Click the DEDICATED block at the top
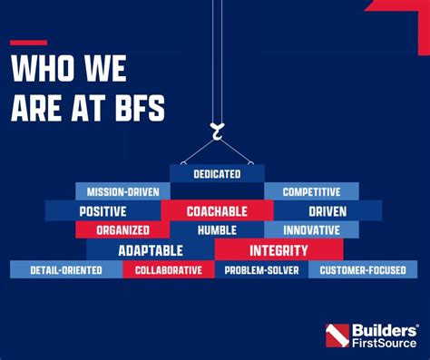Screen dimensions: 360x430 point(217,172)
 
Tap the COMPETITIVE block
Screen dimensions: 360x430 point(311,191)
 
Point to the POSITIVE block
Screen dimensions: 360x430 point(103,211)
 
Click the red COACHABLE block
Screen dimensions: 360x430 point(217,211)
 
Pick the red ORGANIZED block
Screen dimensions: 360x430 point(122,230)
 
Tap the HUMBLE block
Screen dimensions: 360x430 point(217,230)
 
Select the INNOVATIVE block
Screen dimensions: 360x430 point(311,230)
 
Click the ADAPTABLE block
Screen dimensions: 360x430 point(151,250)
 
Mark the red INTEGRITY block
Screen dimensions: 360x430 point(279,250)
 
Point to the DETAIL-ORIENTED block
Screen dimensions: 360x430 point(65,270)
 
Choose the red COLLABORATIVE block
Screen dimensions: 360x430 point(169,270)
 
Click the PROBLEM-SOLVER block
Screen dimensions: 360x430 point(262,270)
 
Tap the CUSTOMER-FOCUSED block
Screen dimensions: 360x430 point(363,270)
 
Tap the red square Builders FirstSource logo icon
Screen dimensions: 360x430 point(337,335)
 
